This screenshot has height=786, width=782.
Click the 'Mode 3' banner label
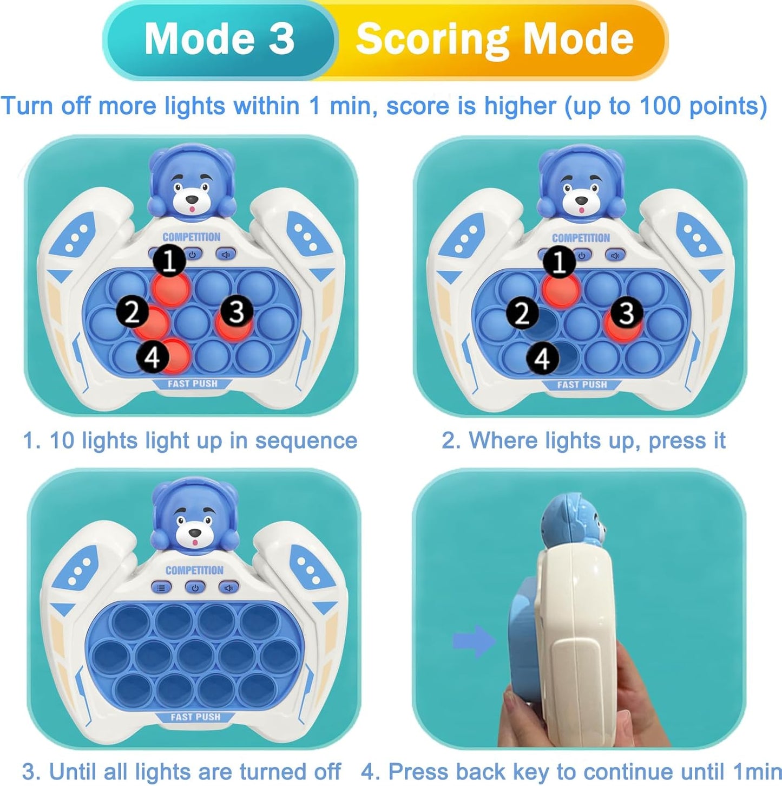219,39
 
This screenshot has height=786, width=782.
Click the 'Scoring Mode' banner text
494,39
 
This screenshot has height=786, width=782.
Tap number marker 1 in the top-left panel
170,261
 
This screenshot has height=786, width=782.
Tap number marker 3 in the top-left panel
236,311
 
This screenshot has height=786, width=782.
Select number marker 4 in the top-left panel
153,358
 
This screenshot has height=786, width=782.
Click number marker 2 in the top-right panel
522,313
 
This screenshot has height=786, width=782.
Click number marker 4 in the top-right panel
542,358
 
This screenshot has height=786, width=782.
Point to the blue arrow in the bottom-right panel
473,641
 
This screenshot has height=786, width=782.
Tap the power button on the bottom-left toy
195,587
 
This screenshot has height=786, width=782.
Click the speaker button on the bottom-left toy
228,587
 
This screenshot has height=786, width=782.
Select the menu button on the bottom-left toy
162,587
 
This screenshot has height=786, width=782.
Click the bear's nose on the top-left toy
191,200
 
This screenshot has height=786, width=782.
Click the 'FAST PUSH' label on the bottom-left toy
195,717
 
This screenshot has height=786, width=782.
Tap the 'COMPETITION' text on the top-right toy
581,238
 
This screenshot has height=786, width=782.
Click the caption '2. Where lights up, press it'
583,440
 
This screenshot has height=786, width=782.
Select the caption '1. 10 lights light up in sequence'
190,441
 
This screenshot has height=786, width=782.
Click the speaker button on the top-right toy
615,255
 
